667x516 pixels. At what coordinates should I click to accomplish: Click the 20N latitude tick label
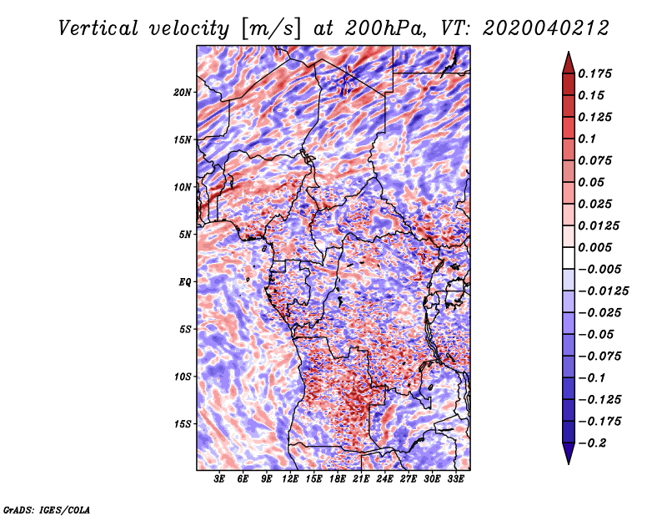coord(183,93)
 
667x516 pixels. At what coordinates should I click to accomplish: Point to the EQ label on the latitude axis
coord(184,282)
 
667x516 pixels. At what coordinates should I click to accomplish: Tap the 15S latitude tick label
coord(183,424)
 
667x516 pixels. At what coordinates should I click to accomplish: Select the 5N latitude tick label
coord(185,235)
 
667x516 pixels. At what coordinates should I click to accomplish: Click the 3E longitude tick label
coord(219,479)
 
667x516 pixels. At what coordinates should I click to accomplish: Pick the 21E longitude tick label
coord(361,479)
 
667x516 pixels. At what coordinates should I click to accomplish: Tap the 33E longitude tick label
coord(455,479)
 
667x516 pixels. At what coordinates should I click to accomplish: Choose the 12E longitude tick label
coord(289,479)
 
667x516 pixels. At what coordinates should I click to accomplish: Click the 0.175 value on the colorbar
coord(594,73)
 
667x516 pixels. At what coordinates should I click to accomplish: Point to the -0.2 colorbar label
coord(592,443)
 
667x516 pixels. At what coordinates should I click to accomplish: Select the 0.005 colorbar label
coord(594,247)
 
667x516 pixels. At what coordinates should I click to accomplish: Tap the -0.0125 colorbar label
coord(603,291)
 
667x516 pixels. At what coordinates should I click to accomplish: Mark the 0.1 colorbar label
coord(587,139)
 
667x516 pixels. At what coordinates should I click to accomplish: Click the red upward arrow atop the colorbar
coord(569,63)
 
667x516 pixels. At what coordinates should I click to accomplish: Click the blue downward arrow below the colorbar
coord(569,453)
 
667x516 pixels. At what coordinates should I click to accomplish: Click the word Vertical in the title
coord(98,28)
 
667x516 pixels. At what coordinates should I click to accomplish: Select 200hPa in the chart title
coord(385,28)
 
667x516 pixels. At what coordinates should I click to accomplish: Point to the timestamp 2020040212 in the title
coord(546,28)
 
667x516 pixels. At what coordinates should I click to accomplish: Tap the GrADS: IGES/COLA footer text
coord(47,509)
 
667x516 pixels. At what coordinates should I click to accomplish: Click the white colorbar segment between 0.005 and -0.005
coord(569,258)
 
